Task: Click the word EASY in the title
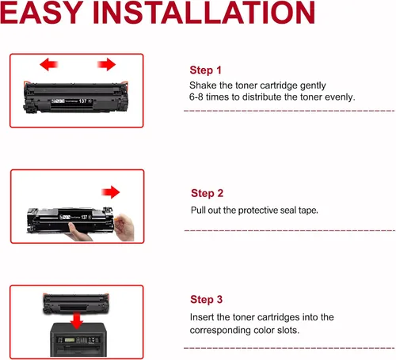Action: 41,13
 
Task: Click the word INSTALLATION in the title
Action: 204,13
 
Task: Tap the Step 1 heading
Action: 205,70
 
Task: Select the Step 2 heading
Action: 207,193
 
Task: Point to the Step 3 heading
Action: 207,300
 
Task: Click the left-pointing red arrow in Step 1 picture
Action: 48,64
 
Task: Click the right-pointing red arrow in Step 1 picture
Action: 106,64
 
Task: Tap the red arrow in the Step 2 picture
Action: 111,192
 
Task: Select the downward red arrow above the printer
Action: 77,320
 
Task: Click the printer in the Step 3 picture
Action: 78,340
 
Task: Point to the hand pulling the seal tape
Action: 124,227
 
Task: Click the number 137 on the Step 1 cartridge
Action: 82,101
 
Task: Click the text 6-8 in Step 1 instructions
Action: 196,97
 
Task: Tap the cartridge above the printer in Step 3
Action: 76,304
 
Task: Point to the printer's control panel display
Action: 70,340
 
